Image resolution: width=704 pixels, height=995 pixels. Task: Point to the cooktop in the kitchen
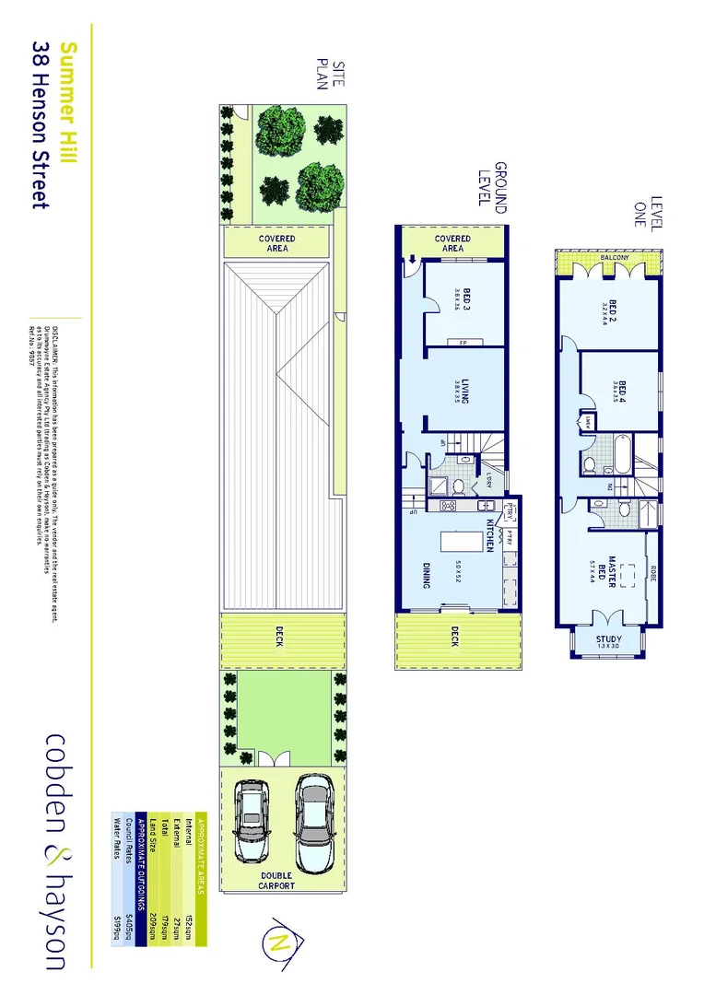coord(449,507)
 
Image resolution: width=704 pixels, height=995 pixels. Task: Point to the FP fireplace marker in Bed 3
coord(452,343)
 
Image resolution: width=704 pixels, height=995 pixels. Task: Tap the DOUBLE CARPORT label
coord(276,880)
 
